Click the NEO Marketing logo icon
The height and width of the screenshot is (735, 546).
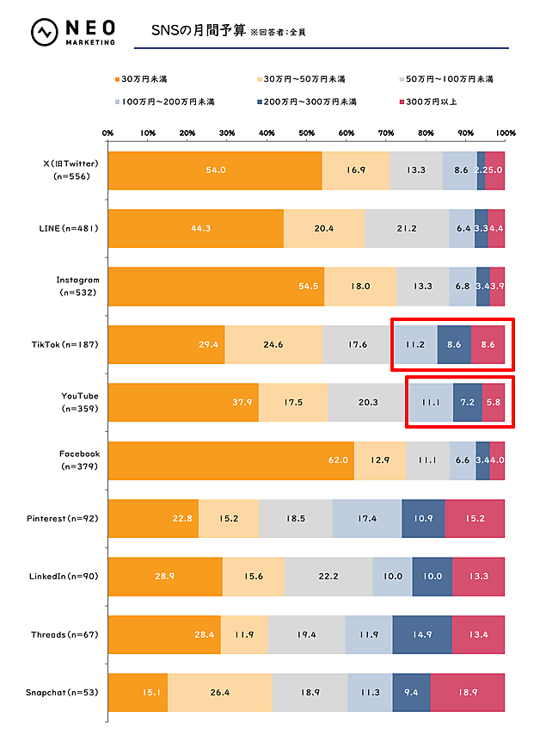[44, 33]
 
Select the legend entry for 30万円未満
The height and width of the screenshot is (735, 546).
[143, 79]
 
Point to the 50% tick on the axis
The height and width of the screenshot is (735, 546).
[307, 133]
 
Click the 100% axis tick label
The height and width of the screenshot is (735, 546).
[506, 133]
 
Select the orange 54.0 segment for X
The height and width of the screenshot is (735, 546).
[215, 170]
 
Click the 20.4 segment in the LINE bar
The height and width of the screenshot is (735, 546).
[324, 228]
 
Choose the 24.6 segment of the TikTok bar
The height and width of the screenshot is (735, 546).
[273, 344]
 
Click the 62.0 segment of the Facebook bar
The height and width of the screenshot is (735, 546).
[230, 460]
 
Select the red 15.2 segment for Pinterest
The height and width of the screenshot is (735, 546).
[475, 518]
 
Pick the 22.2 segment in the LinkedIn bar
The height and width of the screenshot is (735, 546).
[328, 576]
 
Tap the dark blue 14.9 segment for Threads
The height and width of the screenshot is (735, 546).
[422, 634]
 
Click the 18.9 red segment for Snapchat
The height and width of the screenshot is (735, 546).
[468, 692]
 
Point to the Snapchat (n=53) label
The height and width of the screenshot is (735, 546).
[67, 692]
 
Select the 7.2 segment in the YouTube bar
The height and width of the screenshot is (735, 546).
[468, 402]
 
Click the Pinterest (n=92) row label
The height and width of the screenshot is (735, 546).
[67, 518]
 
